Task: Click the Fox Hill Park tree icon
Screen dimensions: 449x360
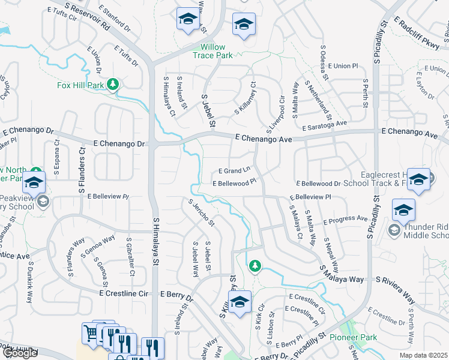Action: [x=112, y=85]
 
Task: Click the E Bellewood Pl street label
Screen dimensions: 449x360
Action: [x=234, y=182]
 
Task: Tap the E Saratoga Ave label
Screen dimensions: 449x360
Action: [x=325, y=124]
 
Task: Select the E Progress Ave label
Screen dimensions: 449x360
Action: [x=345, y=219]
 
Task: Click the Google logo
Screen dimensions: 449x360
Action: [x=20, y=353]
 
